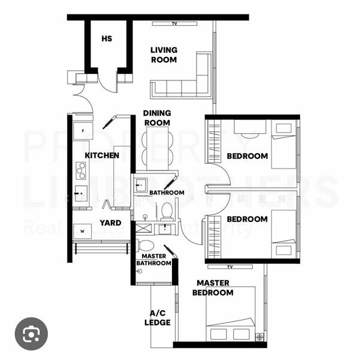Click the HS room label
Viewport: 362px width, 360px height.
tap(107, 39)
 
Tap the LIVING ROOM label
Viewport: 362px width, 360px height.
tap(164, 55)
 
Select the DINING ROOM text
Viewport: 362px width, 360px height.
tap(157, 118)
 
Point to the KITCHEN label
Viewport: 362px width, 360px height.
tap(102, 155)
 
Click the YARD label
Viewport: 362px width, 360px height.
tap(110, 223)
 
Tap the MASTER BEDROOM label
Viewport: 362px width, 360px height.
tap(213, 288)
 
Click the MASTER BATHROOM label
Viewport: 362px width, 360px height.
tap(154, 260)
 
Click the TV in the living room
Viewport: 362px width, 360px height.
tap(174, 23)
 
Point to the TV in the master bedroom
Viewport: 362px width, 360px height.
tap(230, 266)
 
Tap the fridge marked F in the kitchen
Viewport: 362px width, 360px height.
tap(82, 131)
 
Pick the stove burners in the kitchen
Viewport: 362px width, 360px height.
tap(80, 170)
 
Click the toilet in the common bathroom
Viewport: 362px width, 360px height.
tap(167, 211)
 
